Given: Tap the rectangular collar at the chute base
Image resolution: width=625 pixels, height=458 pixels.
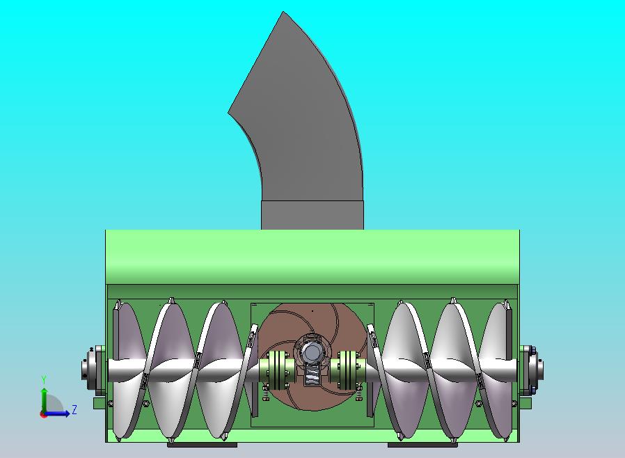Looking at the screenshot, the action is [312, 215].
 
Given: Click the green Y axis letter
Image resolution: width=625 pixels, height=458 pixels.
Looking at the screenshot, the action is [44, 380].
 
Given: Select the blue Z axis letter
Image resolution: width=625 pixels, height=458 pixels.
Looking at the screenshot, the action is [74, 409].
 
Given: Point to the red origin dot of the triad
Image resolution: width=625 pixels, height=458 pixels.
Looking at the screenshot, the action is [42, 415].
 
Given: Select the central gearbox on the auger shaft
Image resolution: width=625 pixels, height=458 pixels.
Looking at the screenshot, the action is [312, 358].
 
